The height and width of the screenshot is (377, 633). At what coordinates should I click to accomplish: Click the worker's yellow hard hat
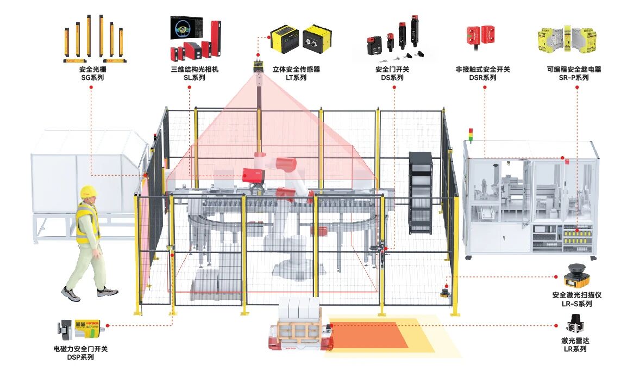(88, 191)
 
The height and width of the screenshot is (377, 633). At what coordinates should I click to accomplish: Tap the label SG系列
(92, 78)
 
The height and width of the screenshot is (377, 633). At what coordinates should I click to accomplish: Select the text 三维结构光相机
(193, 70)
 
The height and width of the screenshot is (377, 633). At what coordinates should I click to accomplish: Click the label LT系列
(296, 78)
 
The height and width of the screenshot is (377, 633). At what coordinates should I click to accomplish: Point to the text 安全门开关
(392, 70)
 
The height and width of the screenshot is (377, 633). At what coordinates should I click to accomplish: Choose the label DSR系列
(482, 78)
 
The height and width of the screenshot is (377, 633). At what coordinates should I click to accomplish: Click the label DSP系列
(80, 357)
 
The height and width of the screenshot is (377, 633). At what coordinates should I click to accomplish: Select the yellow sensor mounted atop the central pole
(258, 67)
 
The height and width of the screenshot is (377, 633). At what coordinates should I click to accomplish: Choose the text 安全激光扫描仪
(576, 295)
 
